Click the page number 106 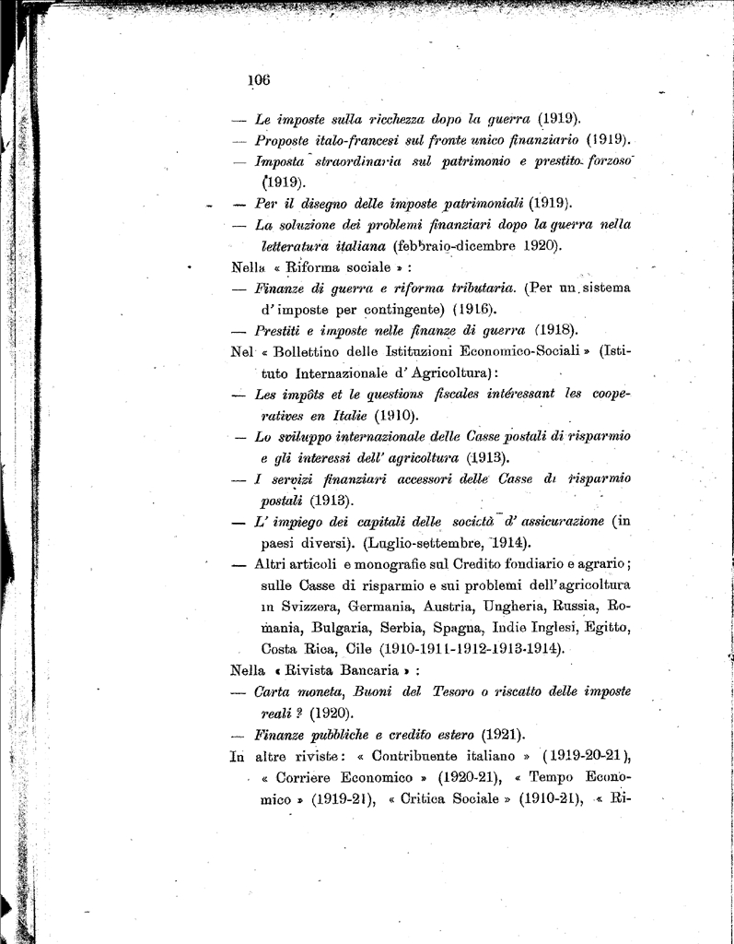tap(258, 80)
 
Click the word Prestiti tap(282, 329)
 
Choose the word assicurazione tap(554, 521)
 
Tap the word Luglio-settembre tap(415, 542)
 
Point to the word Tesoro tap(477, 691)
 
